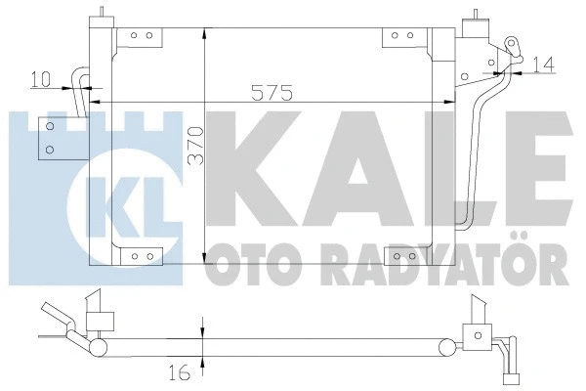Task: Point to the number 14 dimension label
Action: (542, 65)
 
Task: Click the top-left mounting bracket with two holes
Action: (140, 38)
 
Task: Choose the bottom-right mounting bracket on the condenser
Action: (402, 257)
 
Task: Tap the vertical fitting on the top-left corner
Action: (99, 21)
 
